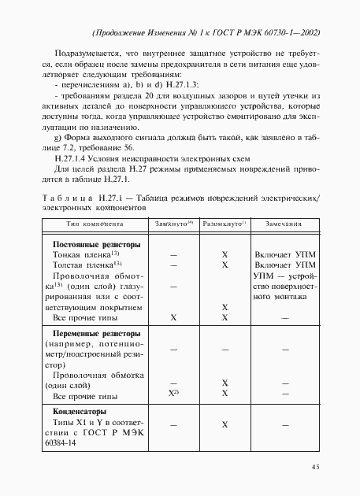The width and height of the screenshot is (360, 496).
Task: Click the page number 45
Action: coord(314,467)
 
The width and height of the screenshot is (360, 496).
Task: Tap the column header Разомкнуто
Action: coord(224,224)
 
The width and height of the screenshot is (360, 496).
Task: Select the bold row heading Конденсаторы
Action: coord(79,412)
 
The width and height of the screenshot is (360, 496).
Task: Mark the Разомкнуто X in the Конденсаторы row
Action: coord(225,424)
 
